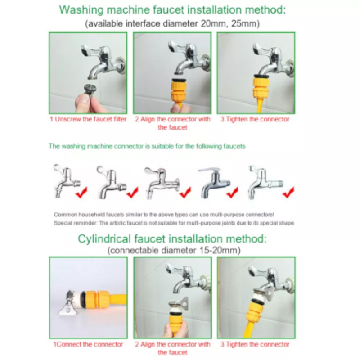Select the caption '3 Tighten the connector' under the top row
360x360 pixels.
[255, 119]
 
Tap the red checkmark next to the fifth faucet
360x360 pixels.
[288, 193]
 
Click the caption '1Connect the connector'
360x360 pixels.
[88, 344]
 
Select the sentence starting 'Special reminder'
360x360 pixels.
[174, 223]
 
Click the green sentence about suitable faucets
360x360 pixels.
[147, 146]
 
